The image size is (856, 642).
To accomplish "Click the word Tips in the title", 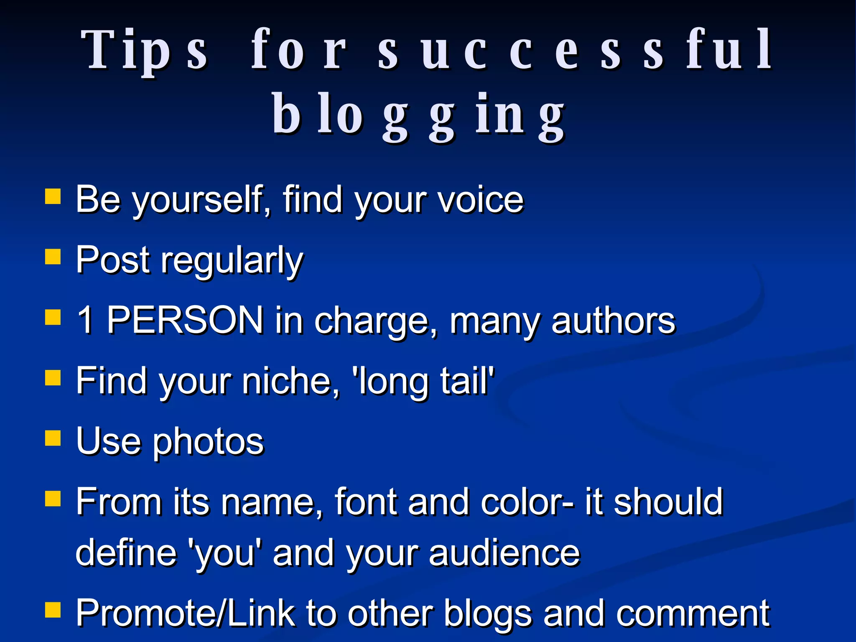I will pos(144,50).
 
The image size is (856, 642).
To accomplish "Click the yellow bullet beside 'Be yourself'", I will pos(53,196).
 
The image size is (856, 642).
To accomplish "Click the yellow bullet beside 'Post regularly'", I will pos(53,257).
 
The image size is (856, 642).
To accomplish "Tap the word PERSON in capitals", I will pos(185,320).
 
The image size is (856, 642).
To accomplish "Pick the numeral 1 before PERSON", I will pos(85,320).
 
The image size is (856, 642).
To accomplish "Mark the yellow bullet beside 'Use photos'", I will pos(53,438).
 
